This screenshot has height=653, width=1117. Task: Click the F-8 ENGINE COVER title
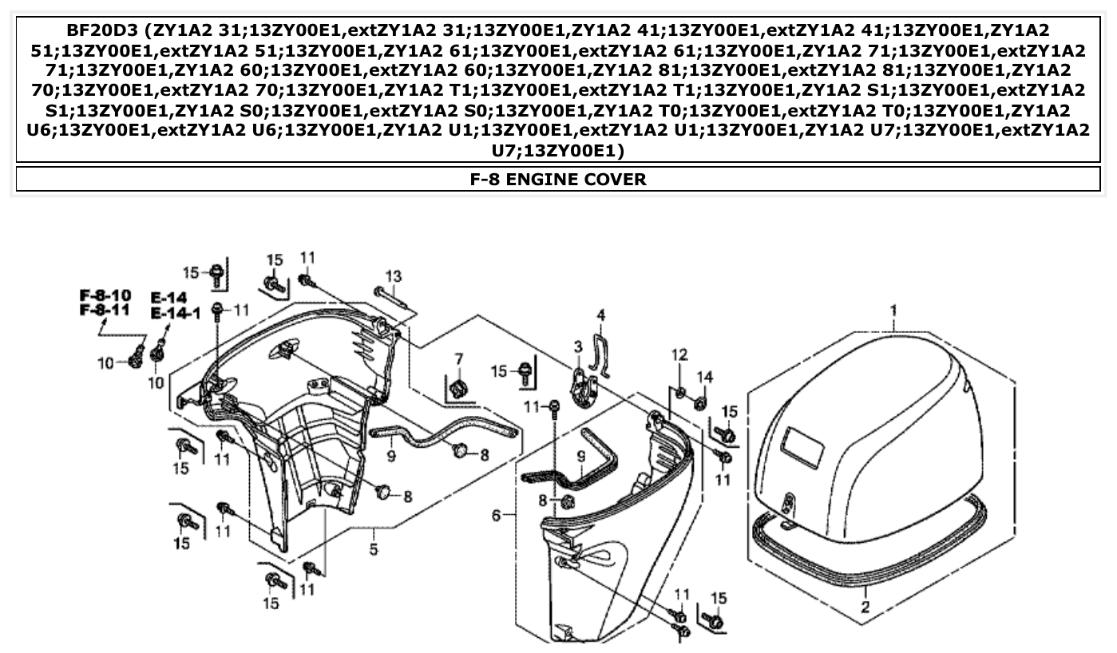click(558, 179)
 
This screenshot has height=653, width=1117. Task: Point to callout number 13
click(393, 276)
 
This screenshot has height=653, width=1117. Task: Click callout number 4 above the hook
click(601, 315)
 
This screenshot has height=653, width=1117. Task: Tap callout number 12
click(679, 354)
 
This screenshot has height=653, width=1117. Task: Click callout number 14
click(704, 377)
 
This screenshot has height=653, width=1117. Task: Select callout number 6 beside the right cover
click(497, 516)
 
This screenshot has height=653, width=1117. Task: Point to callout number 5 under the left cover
click(373, 550)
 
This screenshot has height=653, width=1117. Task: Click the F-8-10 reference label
click(105, 296)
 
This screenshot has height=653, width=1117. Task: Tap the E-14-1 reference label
click(175, 313)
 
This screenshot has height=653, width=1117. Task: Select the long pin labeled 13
click(390, 300)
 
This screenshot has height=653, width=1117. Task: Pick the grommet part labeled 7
click(458, 389)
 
